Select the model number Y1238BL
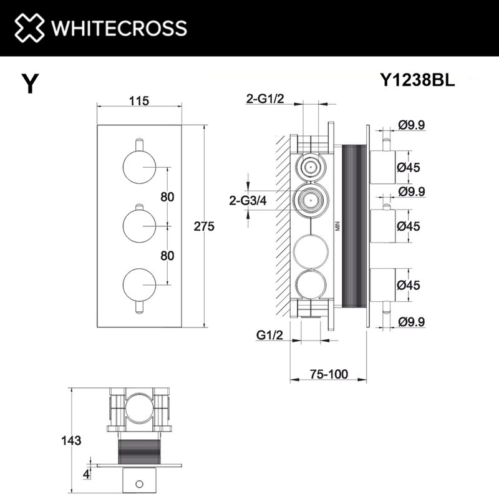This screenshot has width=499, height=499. pyautogui.click(x=417, y=80)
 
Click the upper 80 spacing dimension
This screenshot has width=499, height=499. pyautogui.click(x=167, y=196)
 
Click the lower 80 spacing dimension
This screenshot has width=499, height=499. pyautogui.click(x=167, y=256)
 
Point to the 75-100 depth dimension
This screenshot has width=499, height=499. pyautogui.click(x=328, y=374)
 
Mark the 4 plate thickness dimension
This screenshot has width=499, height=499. pyautogui.click(x=87, y=475)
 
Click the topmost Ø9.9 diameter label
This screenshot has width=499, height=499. pyautogui.click(x=412, y=125)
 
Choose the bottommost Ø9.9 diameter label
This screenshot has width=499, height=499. pyautogui.click(x=412, y=322)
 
